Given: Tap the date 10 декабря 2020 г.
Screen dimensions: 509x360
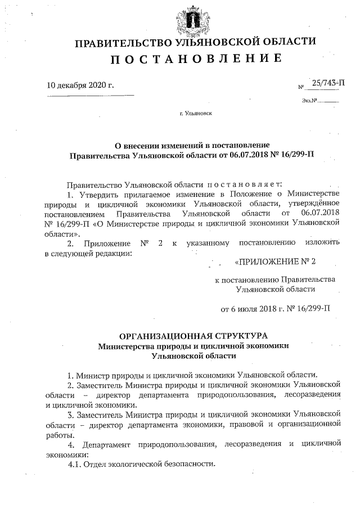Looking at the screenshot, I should [80, 86].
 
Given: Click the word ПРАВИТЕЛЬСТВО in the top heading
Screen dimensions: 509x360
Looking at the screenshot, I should [119, 43].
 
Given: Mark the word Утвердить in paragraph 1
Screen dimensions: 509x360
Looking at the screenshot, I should [98, 194].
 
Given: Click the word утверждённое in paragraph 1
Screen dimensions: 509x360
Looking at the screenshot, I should [316, 204].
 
